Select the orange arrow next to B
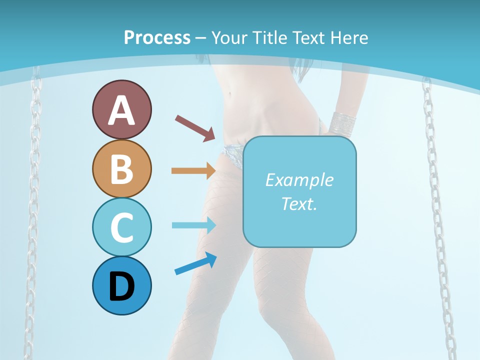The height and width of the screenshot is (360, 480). [193, 170]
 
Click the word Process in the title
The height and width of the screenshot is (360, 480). [157, 37]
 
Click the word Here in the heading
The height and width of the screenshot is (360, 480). [348, 37]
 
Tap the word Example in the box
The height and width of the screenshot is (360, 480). [299, 180]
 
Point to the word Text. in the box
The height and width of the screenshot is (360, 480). [299, 203]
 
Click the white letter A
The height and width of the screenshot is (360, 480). [121, 110]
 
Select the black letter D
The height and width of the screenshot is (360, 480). [121, 287]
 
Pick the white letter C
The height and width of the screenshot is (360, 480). [121, 228]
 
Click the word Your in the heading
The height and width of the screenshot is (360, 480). [230, 37]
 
